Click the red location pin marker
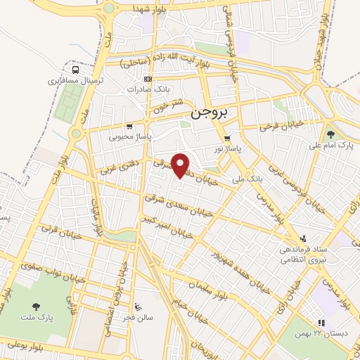click(x=181, y=165)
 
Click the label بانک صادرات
click(x=145, y=89)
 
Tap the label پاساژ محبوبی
click(x=125, y=137)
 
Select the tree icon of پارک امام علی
click(x=330, y=134)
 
